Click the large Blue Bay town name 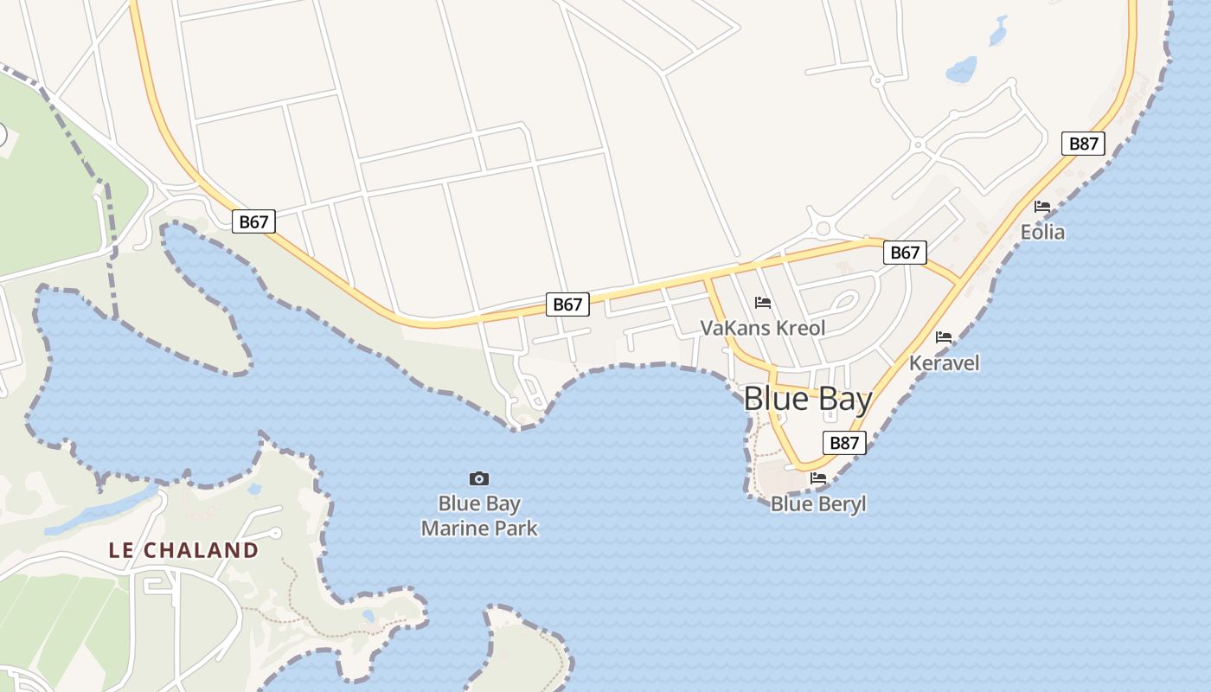point(808,399)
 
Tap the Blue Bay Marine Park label point(479,516)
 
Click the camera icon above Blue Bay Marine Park point(479,478)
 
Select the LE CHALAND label point(183,550)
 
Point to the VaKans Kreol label point(763,329)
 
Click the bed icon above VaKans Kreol point(763,303)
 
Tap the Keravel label point(944,363)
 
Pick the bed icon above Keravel point(944,337)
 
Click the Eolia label point(1042,233)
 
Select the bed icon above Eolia point(1042,207)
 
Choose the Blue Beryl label point(818,504)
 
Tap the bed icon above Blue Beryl point(818,477)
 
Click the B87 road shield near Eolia point(1083,144)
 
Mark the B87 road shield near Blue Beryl point(843,443)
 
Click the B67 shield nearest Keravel point(905,253)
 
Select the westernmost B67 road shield point(253,221)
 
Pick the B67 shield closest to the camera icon point(567,304)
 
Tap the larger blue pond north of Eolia point(961,69)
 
